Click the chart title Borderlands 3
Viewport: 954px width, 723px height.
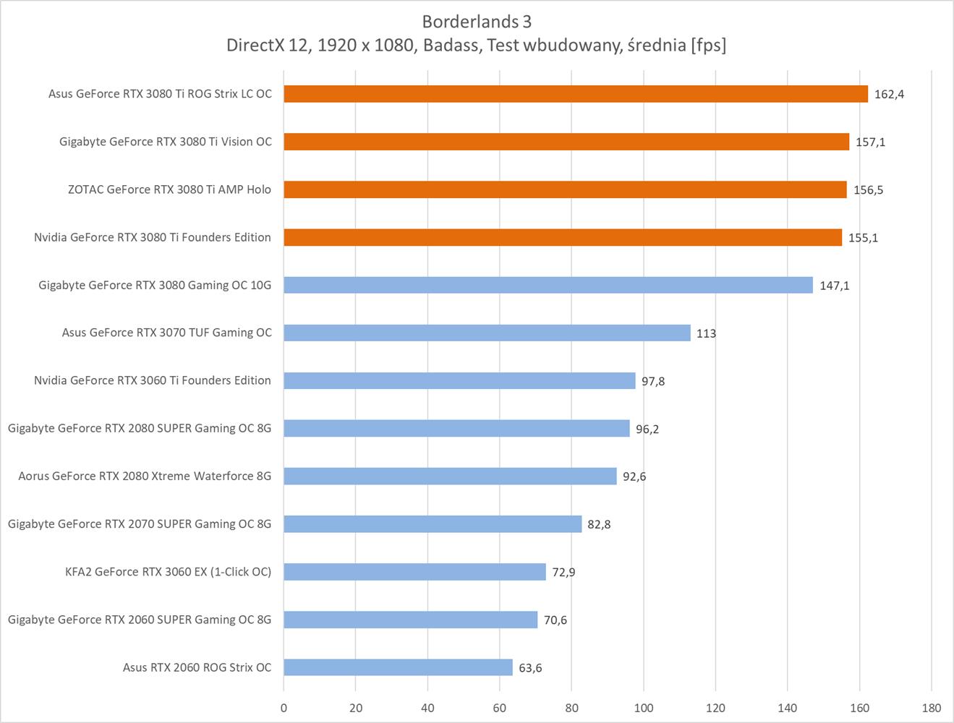(477, 21)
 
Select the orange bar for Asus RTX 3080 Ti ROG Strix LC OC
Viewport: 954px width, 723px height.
(575, 94)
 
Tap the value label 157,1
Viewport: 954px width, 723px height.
(870, 142)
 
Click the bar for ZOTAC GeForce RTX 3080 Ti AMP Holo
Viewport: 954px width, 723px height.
(564, 189)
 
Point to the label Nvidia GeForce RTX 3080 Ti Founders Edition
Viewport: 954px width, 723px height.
(153, 237)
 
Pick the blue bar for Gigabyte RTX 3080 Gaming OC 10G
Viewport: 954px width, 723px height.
(548, 285)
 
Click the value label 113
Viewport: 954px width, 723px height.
(706, 333)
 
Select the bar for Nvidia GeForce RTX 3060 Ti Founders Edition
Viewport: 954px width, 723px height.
(459, 380)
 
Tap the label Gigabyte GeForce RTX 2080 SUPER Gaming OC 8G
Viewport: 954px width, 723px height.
(140, 428)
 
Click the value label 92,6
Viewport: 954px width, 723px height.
(634, 476)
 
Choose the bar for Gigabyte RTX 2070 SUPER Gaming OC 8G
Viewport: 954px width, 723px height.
(433, 523)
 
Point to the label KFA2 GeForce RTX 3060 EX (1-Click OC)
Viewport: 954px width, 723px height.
(168, 571)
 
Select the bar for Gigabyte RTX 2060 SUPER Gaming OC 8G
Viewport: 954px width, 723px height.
(410, 620)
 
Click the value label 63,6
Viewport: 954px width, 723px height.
(530, 667)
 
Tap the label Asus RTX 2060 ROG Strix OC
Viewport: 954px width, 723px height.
(197, 667)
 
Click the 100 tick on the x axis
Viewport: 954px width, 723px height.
(643, 708)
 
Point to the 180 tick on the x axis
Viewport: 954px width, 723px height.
(931, 708)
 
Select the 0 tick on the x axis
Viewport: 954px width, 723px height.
(284, 708)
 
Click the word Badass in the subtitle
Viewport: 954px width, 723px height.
(451, 45)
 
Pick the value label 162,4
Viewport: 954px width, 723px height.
(889, 94)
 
